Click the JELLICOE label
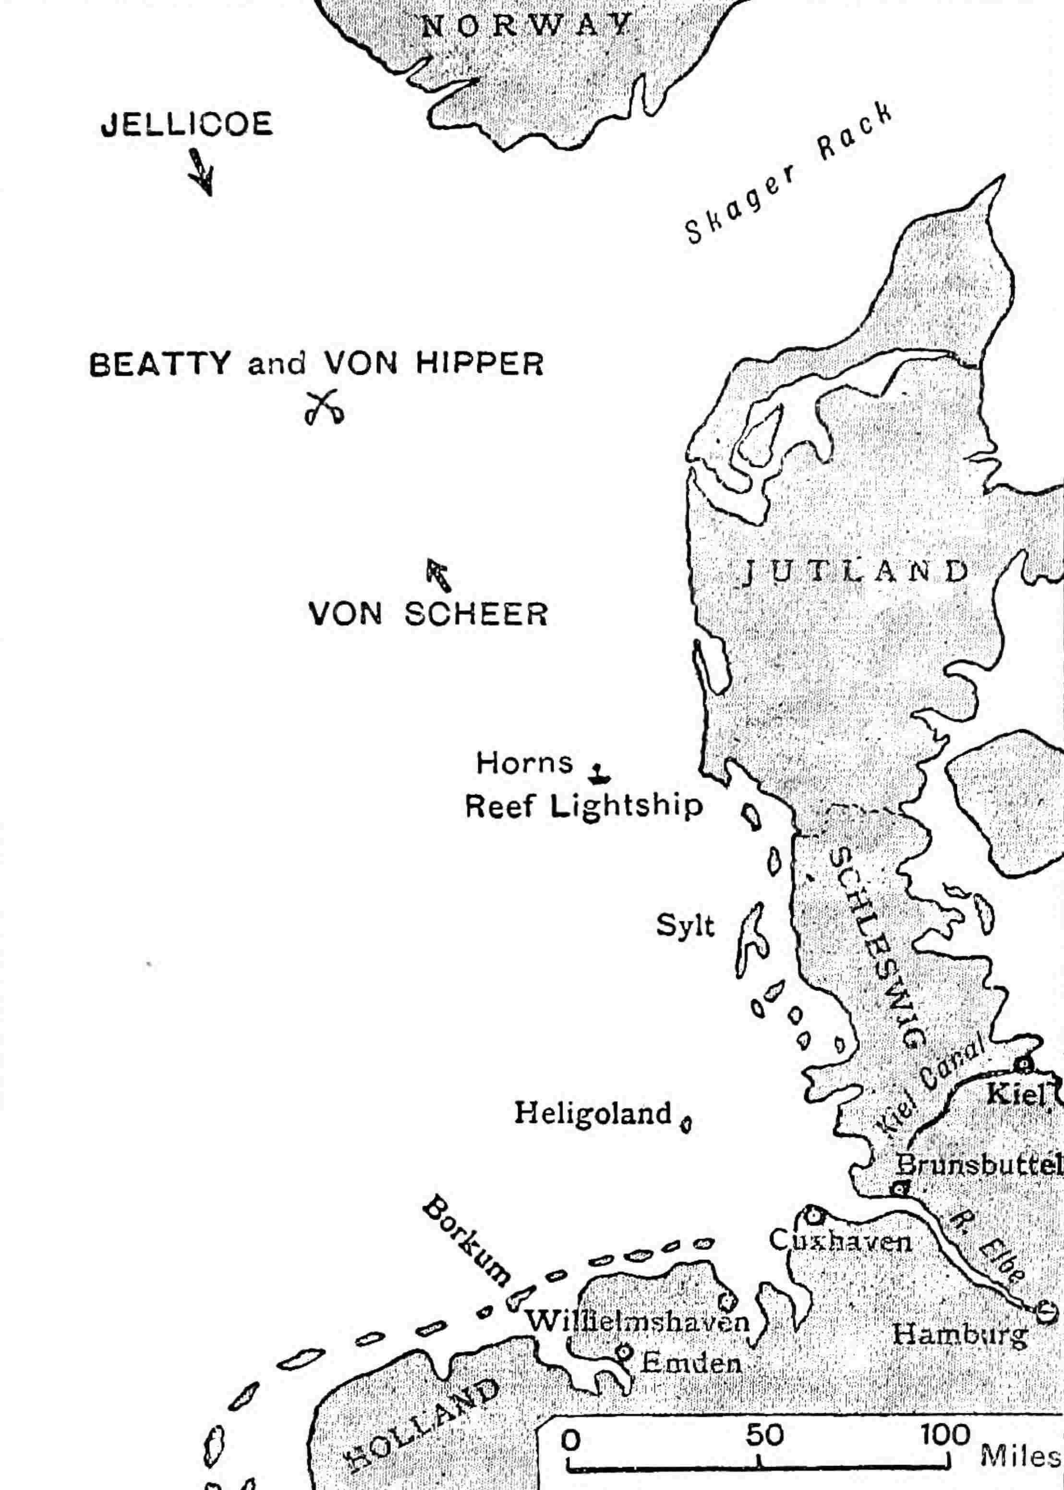pyautogui.click(x=187, y=124)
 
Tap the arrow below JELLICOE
pyautogui.click(x=202, y=171)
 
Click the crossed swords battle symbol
pyautogui.click(x=324, y=407)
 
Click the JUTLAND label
pyautogui.click(x=856, y=572)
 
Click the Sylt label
pyautogui.click(x=685, y=927)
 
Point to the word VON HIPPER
pyautogui.click(x=433, y=364)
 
